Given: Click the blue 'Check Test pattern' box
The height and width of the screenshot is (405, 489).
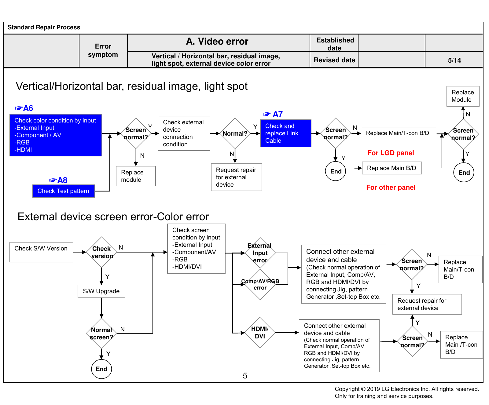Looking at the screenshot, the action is (64, 191).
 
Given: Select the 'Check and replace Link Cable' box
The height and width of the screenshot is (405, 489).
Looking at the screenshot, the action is (286, 133).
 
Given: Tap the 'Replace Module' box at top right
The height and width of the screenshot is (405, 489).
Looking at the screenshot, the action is (463, 96).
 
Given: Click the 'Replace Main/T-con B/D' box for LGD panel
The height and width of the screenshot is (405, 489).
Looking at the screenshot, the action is (399, 133).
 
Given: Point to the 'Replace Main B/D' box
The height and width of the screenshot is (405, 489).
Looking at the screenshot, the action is (392, 168).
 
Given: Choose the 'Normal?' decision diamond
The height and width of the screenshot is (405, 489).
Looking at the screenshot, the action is (235, 133).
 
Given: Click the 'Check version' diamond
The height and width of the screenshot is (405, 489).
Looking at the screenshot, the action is (102, 252).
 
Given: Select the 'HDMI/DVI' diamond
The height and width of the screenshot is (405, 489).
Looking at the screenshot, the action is (260, 333).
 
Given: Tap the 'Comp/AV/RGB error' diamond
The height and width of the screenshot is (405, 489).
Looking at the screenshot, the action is (260, 284).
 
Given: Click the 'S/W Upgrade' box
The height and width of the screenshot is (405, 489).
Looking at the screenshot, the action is (101, 291).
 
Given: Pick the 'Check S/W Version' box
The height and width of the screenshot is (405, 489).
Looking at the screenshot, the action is (41, 252).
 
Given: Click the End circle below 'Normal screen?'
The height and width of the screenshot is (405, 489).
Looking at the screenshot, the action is (101, 369).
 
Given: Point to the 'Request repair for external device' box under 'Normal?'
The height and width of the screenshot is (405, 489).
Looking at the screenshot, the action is (237, 177).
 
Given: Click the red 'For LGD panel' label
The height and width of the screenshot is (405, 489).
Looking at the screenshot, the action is (391, 153).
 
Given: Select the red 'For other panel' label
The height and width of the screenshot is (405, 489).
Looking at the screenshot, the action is (391, 188).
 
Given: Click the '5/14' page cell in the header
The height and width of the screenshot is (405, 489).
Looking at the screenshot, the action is (454, 60).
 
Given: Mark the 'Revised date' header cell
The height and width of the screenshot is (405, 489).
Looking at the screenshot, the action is (334, 60).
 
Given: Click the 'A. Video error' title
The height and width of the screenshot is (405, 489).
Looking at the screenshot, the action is (217, 42).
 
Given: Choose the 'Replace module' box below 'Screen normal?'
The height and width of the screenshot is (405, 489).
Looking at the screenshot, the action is (136, 176).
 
